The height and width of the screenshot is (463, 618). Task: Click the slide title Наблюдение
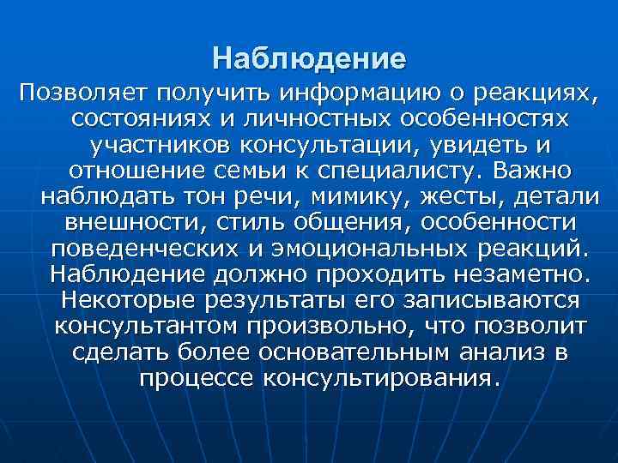pos(309,60)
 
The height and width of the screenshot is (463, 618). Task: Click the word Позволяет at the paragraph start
pos(78,91)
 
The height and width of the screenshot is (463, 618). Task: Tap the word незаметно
pos(518,275)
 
